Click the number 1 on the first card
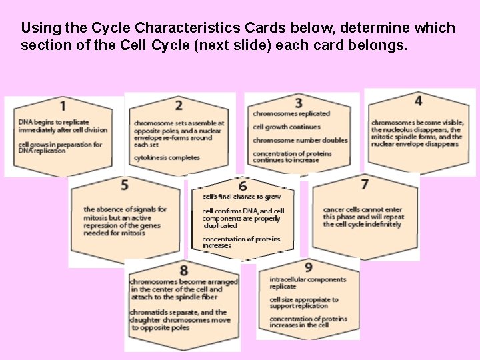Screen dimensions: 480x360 coord(63,105)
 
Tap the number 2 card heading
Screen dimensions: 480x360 coord(179,105)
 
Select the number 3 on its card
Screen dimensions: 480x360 coord(299,103)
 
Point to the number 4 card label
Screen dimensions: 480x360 coord(418,101)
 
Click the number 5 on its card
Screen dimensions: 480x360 coord(125,184)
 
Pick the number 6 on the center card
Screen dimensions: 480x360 coord(243,186)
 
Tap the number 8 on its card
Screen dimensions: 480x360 coord(183,270)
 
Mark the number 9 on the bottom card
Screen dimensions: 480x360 coord(308,267)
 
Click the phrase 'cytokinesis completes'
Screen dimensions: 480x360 coord(167,158)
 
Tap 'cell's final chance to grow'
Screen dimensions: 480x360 coord(242,197)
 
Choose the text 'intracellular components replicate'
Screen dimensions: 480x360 coord(307,283)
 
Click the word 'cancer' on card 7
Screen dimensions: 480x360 coord(334,209)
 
